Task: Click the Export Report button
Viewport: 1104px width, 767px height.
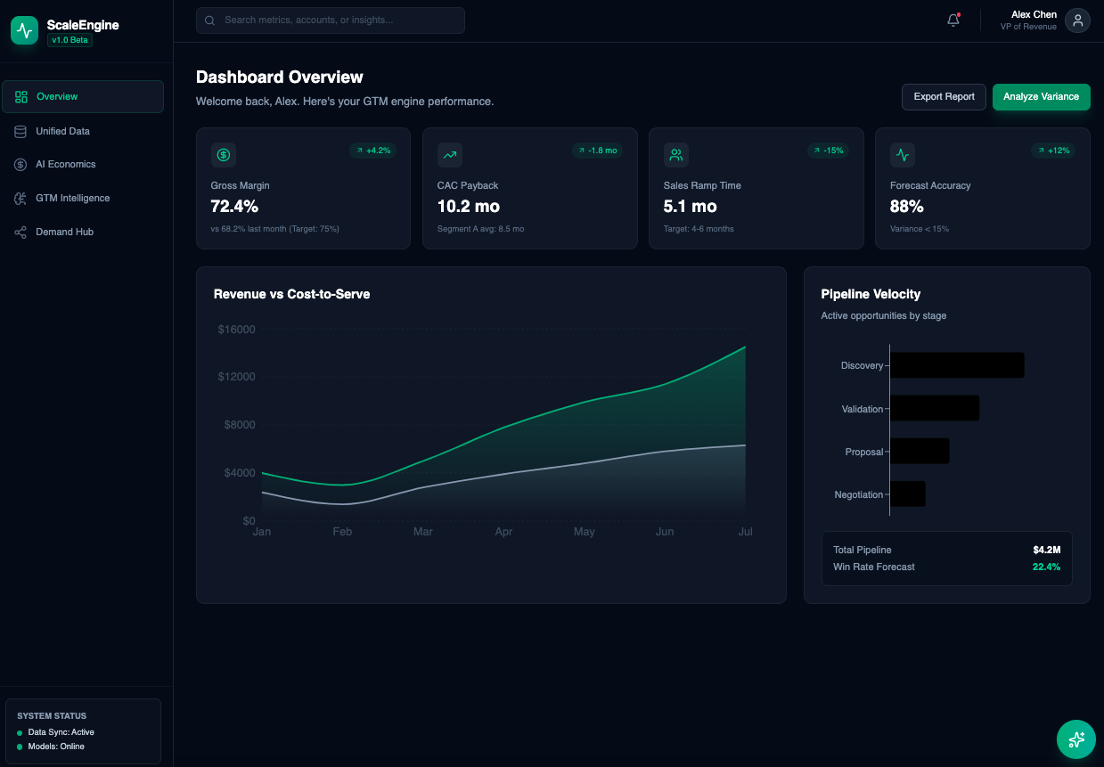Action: (944, 96)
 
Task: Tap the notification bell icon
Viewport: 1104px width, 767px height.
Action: (953, 20)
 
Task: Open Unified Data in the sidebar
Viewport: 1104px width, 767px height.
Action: (62, 131)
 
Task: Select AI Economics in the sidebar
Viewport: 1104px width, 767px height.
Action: (65, 164)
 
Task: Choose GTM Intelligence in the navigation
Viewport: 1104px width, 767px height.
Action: (72, 198)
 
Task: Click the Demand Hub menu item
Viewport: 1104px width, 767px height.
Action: (64, 232)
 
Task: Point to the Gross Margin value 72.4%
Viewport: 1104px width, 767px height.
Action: (234, 207)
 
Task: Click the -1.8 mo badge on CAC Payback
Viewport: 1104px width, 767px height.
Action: (597, 151)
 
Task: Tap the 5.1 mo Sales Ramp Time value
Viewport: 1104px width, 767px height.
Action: (690, 207)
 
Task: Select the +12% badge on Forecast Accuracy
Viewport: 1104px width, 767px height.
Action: (1053, 151)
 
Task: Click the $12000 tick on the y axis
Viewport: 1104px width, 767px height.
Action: (236, 377)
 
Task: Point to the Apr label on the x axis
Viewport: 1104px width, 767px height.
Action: (503, 532)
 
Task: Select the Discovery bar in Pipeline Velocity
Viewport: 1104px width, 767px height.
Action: (957, 365)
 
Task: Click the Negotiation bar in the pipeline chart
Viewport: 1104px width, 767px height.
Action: (908, 494)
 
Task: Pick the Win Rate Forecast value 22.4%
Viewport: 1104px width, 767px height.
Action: (1046, 567)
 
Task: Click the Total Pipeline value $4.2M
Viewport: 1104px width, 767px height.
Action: (1046, 550)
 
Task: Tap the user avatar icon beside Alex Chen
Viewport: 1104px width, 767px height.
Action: (1077, 20)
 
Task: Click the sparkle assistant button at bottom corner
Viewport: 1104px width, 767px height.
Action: (1075, 738)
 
